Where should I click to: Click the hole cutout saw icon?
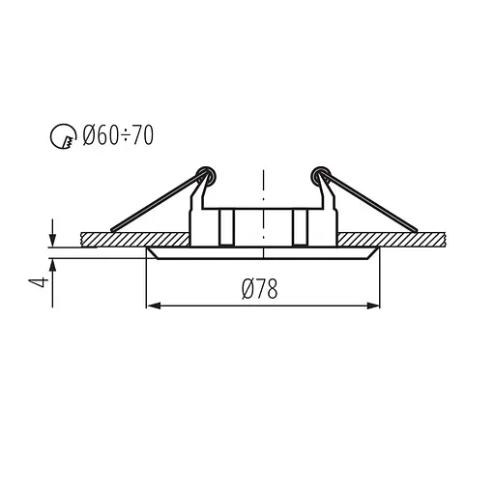(60, 137)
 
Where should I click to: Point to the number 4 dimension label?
(38, 282)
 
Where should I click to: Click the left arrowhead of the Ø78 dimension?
(151, 307)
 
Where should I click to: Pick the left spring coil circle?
(204, 175)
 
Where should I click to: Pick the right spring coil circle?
(319, 175)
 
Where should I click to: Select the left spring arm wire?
(155, 204)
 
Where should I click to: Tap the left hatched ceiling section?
(135, 238)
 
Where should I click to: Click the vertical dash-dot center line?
(262, 193)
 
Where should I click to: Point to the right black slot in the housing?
(301, 228)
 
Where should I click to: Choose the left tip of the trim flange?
(147, 249)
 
